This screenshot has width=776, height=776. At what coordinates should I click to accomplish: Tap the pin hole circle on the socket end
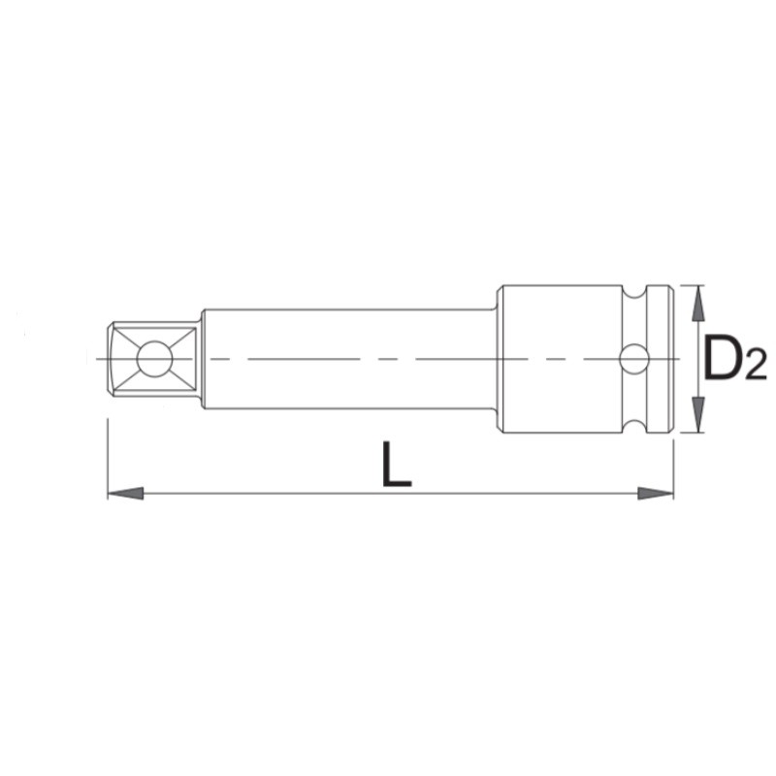pyautogui.click(x=634, y=360)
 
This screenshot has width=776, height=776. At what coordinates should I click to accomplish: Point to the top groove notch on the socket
pyautogui.click(x=634, y=293)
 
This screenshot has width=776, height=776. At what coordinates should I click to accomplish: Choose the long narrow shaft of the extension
pyautogui.click(x=349, y=335)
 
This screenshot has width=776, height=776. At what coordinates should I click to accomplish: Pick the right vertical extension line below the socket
pyautogui.click(x=673, y=466)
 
